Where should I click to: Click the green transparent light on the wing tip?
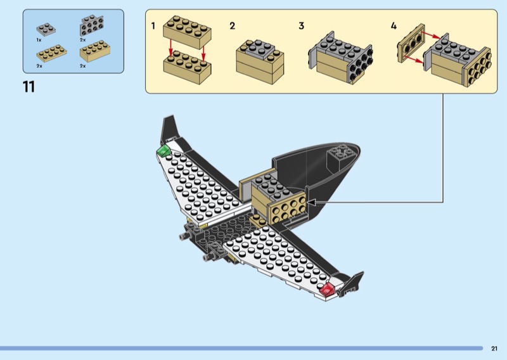pos(164,151)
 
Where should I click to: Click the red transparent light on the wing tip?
pos(327,289)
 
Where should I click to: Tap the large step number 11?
pos(29,87)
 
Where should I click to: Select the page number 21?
pos(494,349)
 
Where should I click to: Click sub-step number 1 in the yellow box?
pos(153,25)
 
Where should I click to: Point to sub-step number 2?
pos(232,26)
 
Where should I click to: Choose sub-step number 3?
pos(302,26)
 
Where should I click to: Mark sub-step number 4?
pos(394,26)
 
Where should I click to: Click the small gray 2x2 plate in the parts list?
pos(46,29)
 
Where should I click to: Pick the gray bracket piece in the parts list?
pos(92,25)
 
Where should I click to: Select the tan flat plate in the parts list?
pos(52,53)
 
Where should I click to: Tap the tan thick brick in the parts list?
pos(95,51)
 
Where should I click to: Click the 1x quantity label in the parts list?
pos(39,40)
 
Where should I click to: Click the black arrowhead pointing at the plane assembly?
pos(311,202)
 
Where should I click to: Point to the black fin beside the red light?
pos(352,282)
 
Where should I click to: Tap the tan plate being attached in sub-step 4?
pos(411,43)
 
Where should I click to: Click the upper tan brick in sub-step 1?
pos(187,32)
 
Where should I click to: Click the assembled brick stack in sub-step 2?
pos(260,61)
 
